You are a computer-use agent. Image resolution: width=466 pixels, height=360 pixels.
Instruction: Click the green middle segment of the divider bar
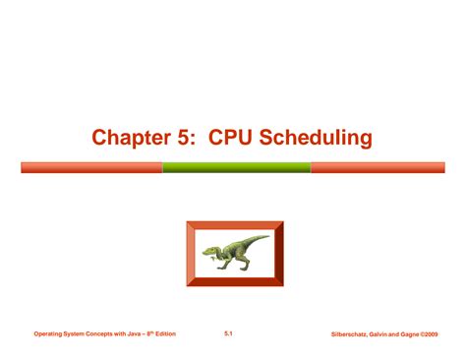pos(236,167)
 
